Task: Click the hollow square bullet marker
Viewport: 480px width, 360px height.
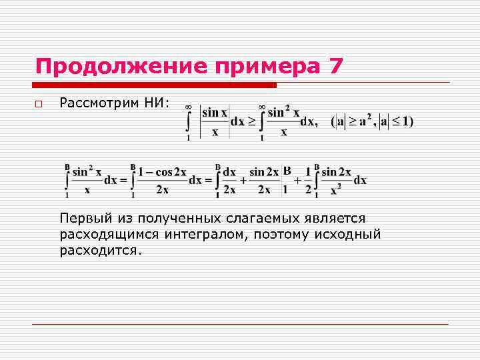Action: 39,104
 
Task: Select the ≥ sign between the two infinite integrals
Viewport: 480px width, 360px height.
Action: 251,122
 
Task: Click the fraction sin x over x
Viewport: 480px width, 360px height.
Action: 215,122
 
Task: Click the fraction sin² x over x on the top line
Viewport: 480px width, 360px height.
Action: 283,121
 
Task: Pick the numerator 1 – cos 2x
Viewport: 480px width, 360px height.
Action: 163,173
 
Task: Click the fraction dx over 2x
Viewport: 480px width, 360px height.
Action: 229,180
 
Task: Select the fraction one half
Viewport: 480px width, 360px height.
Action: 308,180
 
